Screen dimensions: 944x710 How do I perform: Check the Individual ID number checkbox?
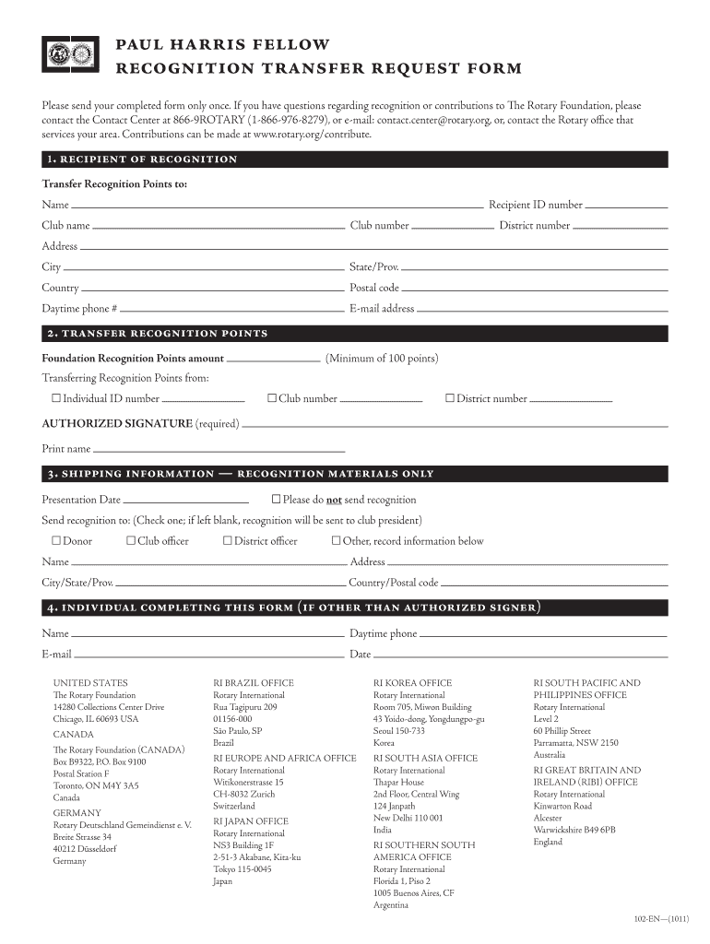tap(56, 398)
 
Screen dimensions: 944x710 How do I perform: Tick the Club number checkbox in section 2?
tap(272, 398)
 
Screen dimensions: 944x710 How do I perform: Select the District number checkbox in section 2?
tap(450, 398)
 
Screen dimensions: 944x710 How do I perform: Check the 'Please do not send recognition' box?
tap(276, 499)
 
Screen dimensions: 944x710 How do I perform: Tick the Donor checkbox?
tap(56, 540)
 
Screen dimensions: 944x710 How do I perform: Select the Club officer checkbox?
tap(131, 540)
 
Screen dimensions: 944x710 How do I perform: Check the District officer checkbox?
tap(228, 540)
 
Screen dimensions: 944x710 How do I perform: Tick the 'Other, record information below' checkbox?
tap(337, 540)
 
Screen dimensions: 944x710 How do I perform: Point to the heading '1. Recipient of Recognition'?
tap(140, 159)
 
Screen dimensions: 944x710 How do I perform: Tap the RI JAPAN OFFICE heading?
tap(251, 820)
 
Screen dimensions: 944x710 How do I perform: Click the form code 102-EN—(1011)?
tap(661, 920)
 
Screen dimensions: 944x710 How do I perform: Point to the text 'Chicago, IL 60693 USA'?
tap(96, 719)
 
